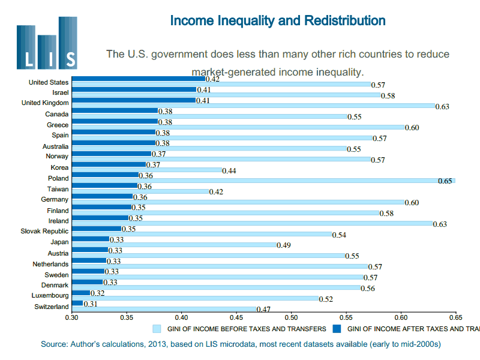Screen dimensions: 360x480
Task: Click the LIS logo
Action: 47,43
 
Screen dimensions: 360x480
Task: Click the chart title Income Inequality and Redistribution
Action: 278,20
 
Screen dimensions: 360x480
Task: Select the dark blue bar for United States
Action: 138,79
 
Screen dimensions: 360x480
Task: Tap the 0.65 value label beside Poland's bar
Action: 445,181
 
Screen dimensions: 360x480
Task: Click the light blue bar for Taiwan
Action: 141,191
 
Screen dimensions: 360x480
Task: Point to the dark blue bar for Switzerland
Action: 77,303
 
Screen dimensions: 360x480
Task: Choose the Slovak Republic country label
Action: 45,231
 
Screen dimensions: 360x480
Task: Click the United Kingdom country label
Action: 45,103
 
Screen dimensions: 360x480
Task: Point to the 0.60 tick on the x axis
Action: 401,317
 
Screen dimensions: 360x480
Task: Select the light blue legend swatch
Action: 157,329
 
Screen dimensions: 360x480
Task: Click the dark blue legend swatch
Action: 338,329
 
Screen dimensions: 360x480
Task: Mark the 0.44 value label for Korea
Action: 229,171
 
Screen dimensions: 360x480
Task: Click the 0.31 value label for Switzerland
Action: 91,305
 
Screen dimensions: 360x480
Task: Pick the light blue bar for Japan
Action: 174,245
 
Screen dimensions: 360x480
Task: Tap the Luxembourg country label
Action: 50,295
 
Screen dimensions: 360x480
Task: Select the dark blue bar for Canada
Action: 115,110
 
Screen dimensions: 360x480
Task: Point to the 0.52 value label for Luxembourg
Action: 326,299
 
